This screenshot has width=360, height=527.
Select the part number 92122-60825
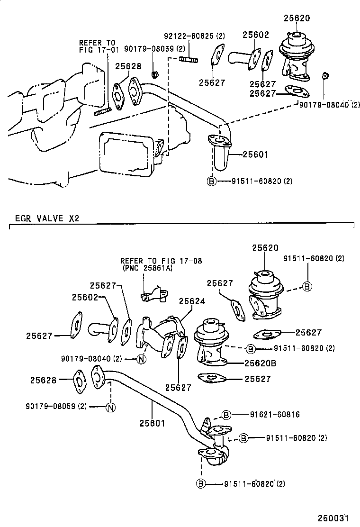(x=188, y=36)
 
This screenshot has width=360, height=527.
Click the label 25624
(x=192, y=301)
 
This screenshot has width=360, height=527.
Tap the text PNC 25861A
(x=147, y=268)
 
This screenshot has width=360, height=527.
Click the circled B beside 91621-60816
(x=226, y=415)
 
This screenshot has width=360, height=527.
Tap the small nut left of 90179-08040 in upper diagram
(x=324, y=75)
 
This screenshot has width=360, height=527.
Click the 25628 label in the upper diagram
(x=129, y=67)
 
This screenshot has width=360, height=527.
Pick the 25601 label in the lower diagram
(x=152, y=423)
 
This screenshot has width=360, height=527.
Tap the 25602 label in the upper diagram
(x=256, y=35)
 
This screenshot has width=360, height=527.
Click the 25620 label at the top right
(x=297, y=18)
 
